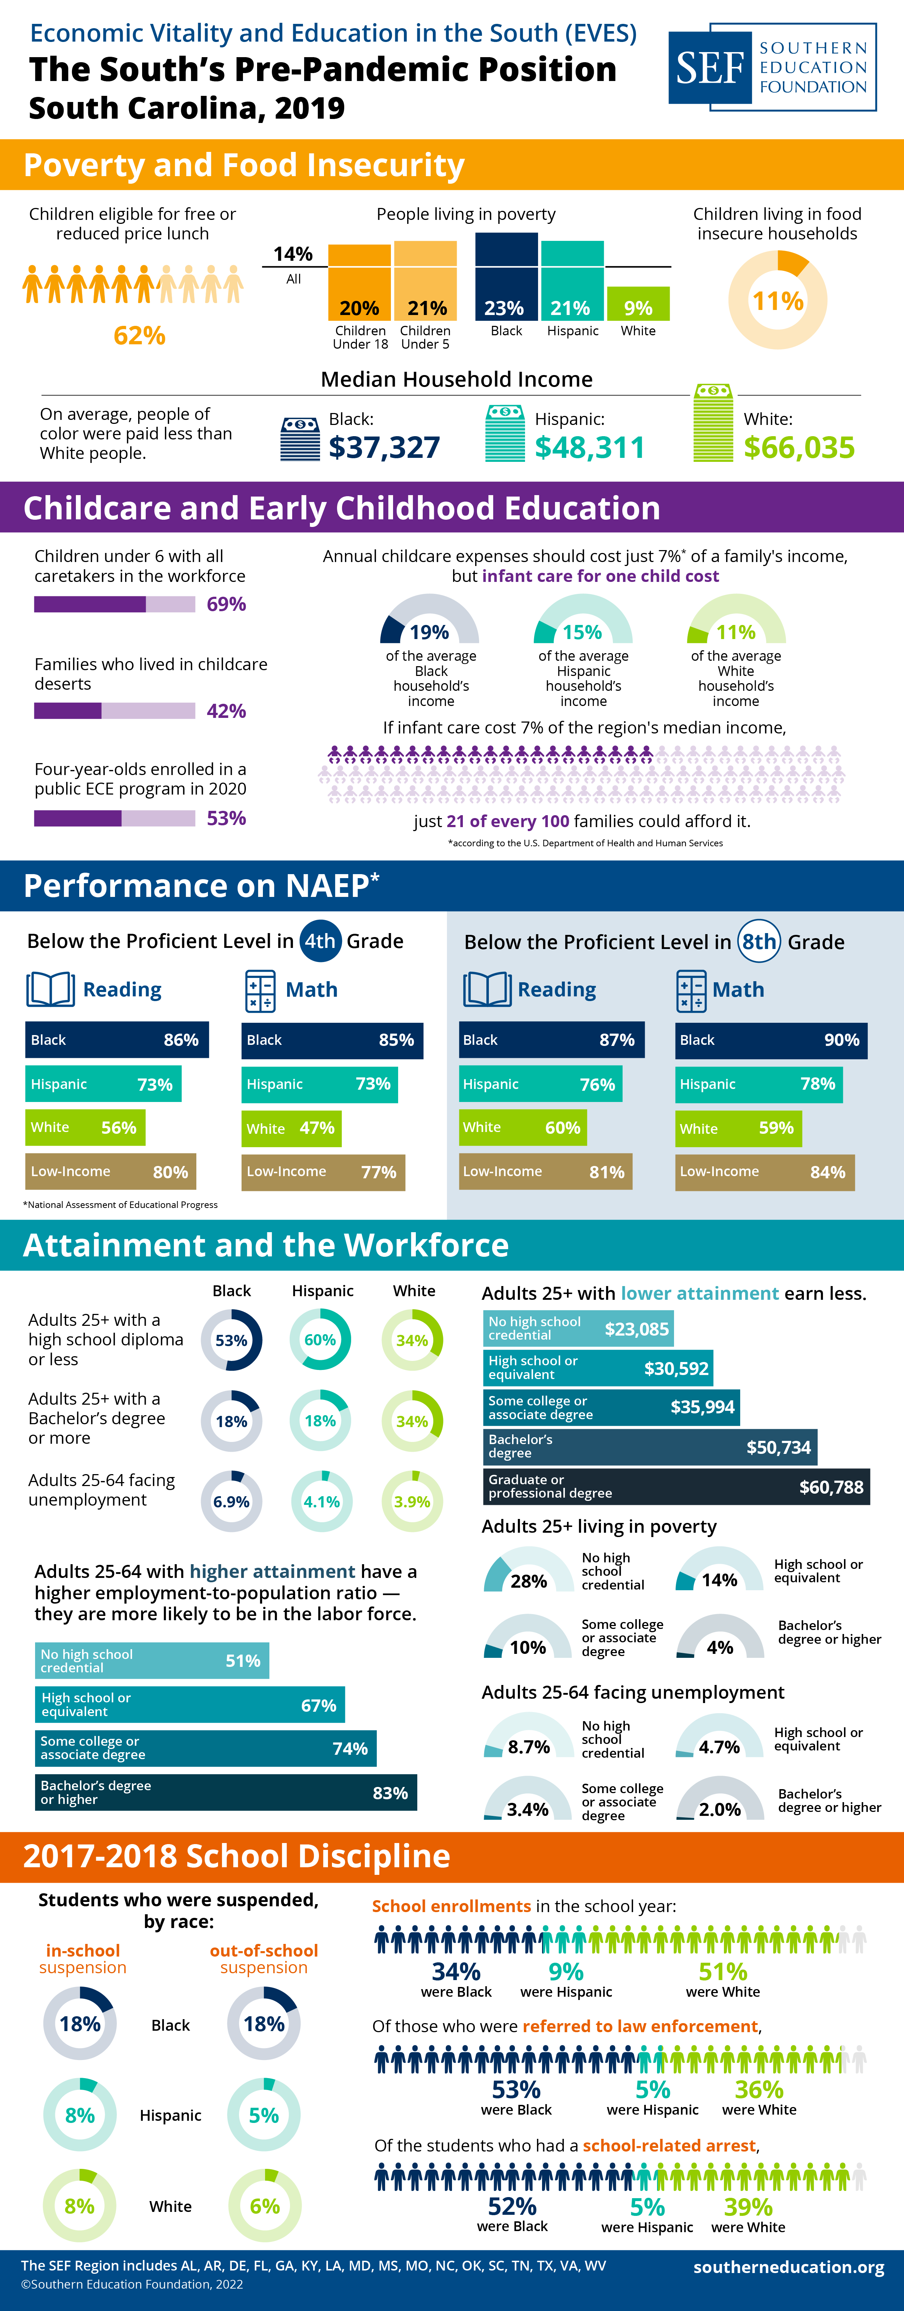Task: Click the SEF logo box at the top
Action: [x=772, y=67]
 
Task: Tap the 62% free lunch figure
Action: [x=139, y=336]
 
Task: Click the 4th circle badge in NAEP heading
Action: [x=319, y=941]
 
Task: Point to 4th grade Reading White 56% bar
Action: [x=85, y=1128]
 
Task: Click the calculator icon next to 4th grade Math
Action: [x=260, y=991]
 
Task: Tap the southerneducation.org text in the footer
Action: [x=788, y=2267]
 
